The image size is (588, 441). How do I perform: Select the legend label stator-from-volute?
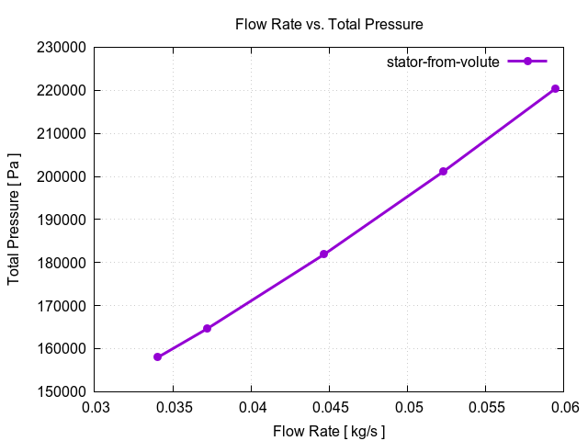point(442,62)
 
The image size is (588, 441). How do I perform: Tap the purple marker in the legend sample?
point(527,62)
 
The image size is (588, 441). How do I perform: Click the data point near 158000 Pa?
point(158,356)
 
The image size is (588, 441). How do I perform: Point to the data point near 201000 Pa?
point(443,172)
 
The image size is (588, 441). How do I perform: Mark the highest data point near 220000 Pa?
point(555,88)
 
